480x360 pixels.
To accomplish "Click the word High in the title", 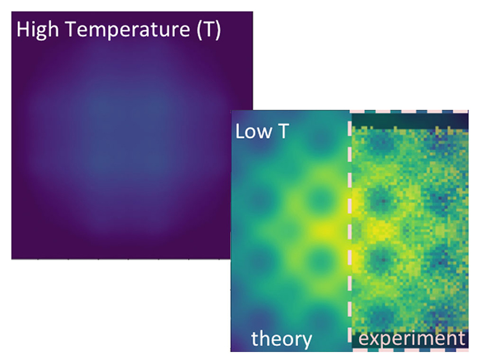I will (x=38, y=30).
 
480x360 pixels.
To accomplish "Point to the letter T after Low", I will (x=283, y=132).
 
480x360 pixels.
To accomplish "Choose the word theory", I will (x=281, y=338).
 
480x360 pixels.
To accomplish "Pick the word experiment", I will (x=411, y=338).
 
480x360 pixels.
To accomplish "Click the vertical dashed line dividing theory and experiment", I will (x=351, y=233).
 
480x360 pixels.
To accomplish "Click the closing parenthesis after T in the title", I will (x=217, y=30).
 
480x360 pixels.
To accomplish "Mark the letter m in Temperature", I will (x=104, y=31).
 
